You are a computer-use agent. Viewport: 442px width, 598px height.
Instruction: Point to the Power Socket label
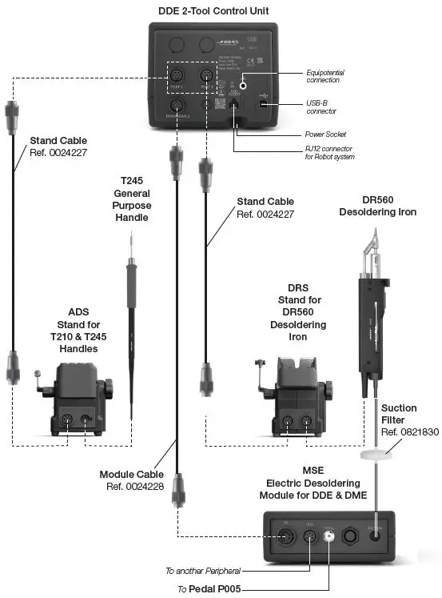point(325,134)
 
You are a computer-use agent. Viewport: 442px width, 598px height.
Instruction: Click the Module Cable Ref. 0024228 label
point(133,480)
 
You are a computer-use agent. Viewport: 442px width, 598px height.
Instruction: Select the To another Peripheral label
point(202,571)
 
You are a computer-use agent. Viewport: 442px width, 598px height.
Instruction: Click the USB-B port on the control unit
point(264,103)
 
